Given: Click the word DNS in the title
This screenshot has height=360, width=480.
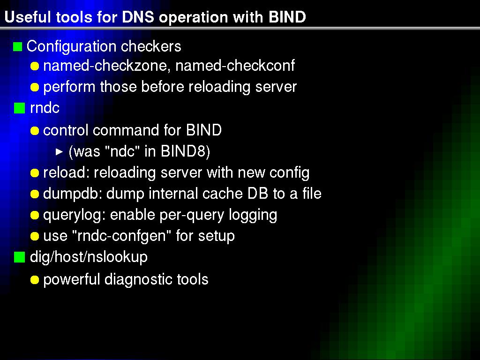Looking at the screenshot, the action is click(x=138, y=17).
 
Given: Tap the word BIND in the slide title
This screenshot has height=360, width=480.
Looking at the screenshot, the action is click(x=287, y=17).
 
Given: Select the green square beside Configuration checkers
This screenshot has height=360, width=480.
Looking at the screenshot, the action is click(x=18, y=47).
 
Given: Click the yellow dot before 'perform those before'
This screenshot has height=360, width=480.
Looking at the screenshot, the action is click(x=35, y=87).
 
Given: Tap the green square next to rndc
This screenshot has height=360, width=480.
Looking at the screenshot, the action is click(x=19, y=108).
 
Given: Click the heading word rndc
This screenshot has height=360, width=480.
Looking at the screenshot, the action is click(x=45, y=108).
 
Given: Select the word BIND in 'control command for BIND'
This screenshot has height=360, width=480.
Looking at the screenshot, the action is click(x=204, y=130).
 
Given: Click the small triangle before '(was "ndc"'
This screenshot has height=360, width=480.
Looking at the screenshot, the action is click(x=60, y=151).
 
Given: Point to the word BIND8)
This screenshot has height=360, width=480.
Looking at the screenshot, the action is click(x=185, y=151).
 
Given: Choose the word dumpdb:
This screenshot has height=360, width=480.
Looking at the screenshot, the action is click(x=73, y=194).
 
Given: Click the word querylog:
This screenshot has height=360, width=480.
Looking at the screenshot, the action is click(x=75, y=215).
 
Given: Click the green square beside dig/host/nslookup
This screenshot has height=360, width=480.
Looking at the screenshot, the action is click(x=19, y=257).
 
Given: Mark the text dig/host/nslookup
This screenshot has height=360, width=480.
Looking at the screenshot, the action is click(x=89, y=257).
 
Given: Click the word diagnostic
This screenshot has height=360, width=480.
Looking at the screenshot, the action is click(x=139, y=279).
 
